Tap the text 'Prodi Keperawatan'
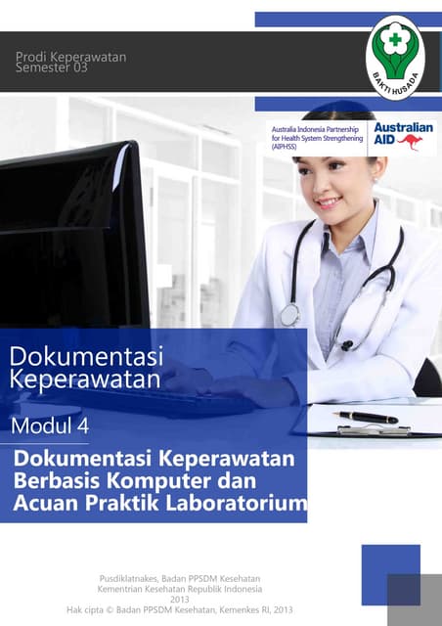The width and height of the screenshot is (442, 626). [70, 58]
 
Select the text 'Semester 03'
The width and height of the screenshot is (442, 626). [51, 69]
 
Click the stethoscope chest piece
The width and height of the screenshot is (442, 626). [289, 315]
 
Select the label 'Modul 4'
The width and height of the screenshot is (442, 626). [50, 425]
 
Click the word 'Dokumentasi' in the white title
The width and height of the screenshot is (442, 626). [87, 355]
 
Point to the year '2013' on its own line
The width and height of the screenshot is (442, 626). [179, 600]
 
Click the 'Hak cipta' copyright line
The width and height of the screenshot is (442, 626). [179, 610]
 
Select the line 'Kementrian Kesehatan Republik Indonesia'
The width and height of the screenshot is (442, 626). [179, 589]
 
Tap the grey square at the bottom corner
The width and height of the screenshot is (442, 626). [415, 599]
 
